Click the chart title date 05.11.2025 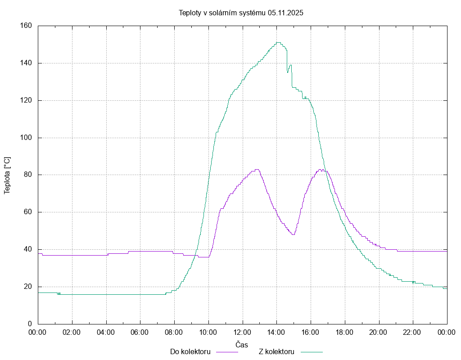tap(285, 13)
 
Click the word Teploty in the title tap(190, 13)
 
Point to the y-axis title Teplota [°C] tap(7, 175)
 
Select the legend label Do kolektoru tap(190, 351)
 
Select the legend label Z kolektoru tap(276, 351)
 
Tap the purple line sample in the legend tap(227, 352)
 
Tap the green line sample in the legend tap(312, 352)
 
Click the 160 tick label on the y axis tap(26, 26)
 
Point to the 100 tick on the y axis tap(26, 138)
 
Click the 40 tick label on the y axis tap(28, 249)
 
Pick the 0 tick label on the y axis tap(30, 324)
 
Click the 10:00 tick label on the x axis tap(208, 333)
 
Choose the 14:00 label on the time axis tap(276, 333)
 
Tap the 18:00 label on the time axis tap(345, 333)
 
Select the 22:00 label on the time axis tap(413, 333)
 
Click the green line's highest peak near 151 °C tap(278, 42)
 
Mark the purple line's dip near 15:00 tap(293, 234)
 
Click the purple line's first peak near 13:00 tap(257, 169)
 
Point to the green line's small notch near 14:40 tap(288, 72)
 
